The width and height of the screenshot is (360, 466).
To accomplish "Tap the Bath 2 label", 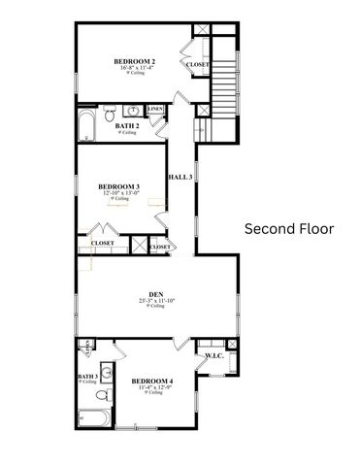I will pos(125,125).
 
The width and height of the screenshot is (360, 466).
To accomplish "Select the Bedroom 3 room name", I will pos(119,186).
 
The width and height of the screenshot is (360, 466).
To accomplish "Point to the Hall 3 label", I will pos(180,178).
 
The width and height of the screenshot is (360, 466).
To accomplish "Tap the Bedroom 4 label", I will pos(151,381).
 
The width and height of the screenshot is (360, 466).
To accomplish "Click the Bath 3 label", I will pos(88,376).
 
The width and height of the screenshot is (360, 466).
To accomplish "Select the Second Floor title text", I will pos(288,229).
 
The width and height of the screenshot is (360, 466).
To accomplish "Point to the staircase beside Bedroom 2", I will pos(224,78).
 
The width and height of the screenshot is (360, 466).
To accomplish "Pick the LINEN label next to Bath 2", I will pos(155,110).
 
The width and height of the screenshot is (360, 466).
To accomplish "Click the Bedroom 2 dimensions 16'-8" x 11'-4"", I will pos(135,69).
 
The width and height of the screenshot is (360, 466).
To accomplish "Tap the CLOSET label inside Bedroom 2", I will pos(197,65).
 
